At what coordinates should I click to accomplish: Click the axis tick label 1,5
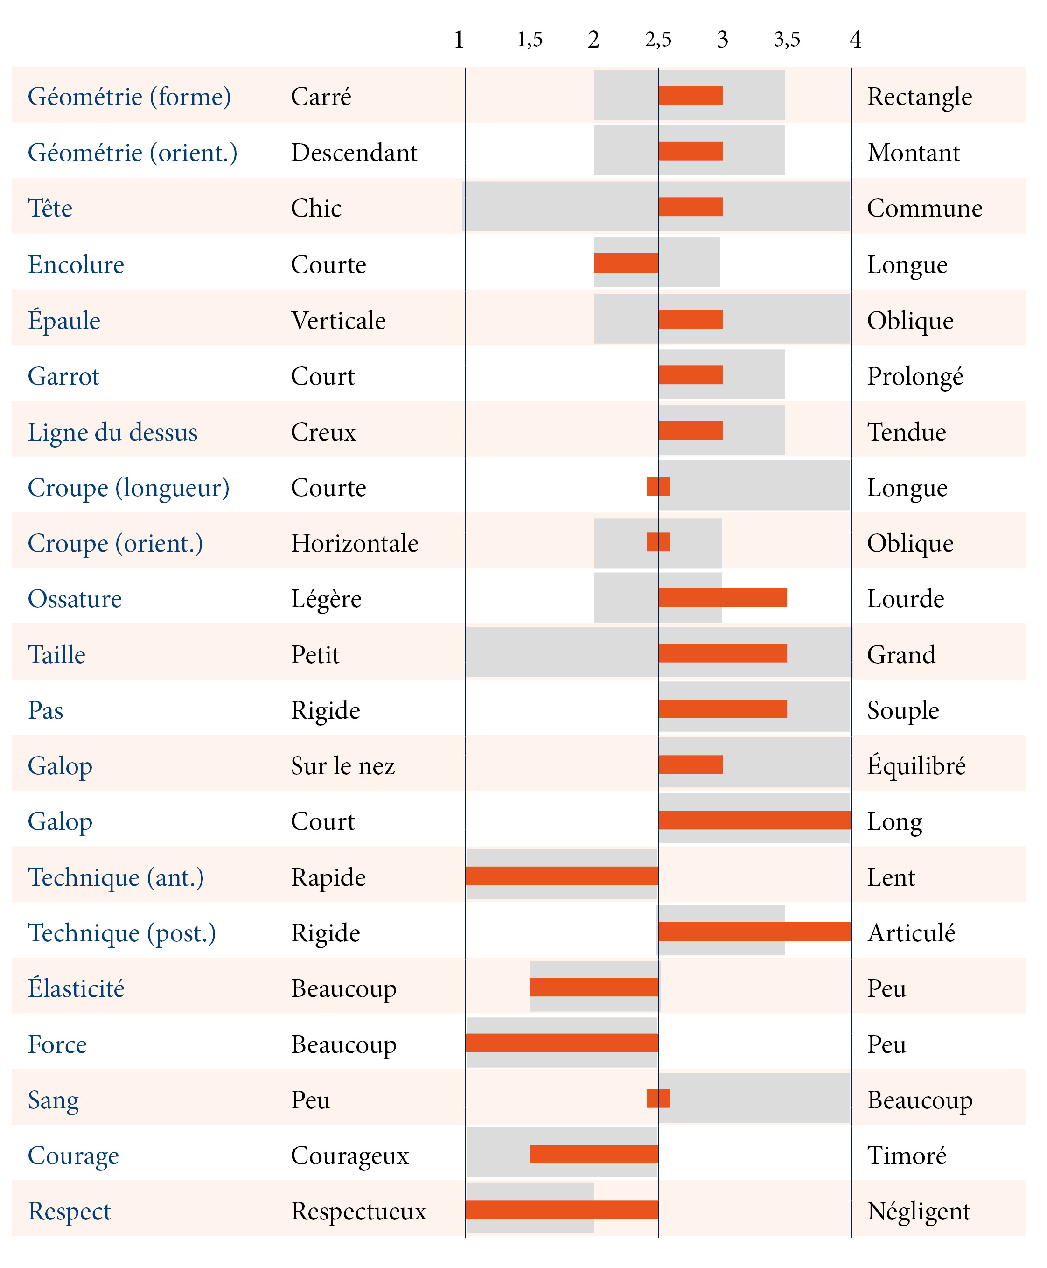coord(530,40)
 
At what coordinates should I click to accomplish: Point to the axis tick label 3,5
coord(787,40)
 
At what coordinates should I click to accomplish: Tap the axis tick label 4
coord(855,40)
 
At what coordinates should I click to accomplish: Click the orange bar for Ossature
coord(723,598)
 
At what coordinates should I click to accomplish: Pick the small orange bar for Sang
coord(658,1099)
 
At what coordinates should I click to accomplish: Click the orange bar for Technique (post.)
coord(754,932)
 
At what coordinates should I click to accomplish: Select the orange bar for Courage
coord(593,1154)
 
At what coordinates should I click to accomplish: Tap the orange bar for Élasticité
coord(593,987)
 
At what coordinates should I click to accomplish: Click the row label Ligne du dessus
coord(113,433)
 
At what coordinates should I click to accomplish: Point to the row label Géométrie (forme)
coord(129,97)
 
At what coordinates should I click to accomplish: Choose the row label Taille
coord(57,654)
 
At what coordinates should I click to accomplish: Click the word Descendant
coord(354,153)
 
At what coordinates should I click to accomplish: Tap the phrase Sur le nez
coord(342,766)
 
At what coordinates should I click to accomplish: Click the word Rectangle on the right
coord(919,97)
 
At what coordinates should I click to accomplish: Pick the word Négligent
coord(919,1211)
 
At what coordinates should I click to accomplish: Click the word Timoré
coord(907,1155)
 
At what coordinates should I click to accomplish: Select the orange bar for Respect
coord(561,1210)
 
